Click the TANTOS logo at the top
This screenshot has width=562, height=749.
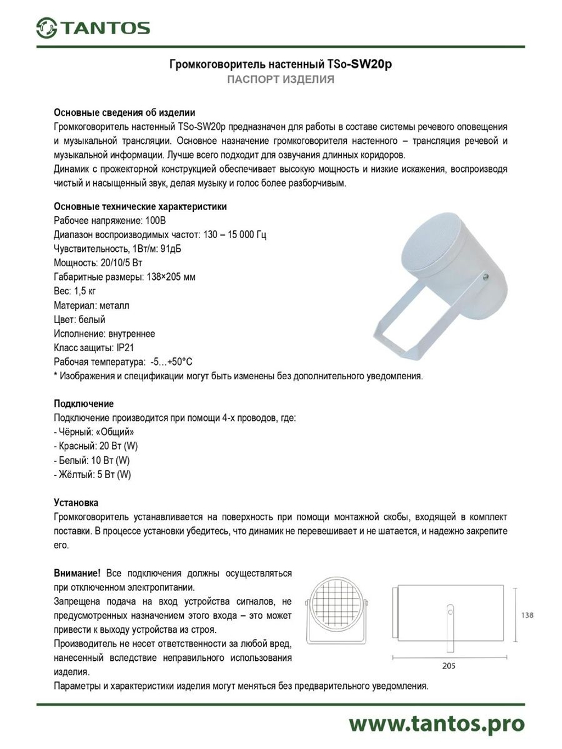(x=93, y=28)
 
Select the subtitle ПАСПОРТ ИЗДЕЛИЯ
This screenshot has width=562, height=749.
(x=280, y=79)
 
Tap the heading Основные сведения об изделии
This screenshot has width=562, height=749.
(x=124, y=112)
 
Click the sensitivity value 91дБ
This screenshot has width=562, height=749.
(x=171, y=249)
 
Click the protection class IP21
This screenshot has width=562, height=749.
(x=125, y=348)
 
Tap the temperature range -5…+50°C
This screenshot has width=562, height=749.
(x=171, y=362)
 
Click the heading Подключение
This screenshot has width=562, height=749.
(x=83, y=403)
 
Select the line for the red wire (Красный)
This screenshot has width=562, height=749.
(x=96, y=446)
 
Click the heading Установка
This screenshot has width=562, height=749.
(x=76, y=502)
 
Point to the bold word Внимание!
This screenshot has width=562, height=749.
(x=77, y=573)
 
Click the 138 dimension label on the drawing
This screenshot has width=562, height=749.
(x=527, y=615)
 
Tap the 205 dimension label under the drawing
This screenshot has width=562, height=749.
(x=448, y=666)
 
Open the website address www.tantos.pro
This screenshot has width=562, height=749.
(x=436, y=724)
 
